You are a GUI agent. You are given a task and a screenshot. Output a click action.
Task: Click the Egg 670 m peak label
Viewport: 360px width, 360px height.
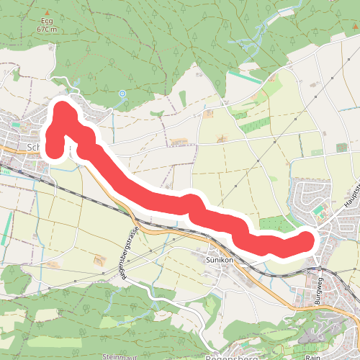46,26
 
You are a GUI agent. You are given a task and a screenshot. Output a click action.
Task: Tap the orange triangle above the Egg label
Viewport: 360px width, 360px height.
47,13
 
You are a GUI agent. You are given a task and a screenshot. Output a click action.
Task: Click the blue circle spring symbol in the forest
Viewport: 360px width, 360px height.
122,93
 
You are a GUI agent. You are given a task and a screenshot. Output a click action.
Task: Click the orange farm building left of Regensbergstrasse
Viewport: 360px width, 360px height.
99,259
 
